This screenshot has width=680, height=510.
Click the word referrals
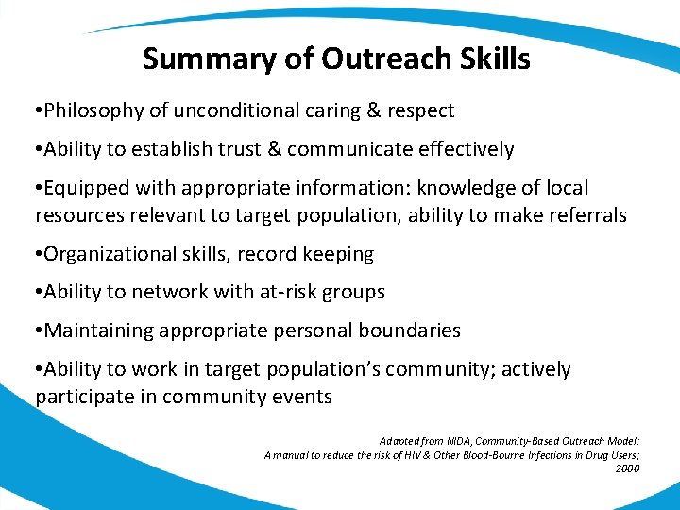point(585,215)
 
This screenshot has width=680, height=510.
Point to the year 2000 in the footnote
point(626,467)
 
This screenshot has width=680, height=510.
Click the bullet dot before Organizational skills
point(39,255)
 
